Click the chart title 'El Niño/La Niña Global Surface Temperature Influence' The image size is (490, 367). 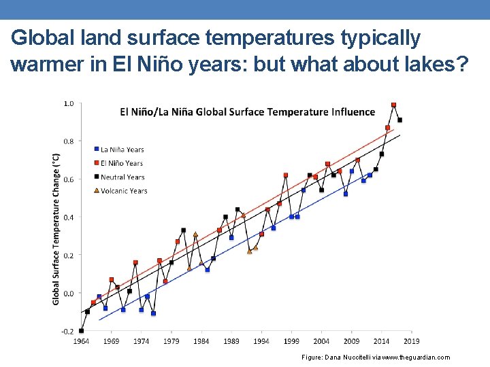click(248, 111)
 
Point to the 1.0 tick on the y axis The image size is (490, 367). click(69, 104)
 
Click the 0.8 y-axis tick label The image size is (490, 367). click(69, 141)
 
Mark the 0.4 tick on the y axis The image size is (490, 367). click(69, 217)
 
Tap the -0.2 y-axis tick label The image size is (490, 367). click(68, 331)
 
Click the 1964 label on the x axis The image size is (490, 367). click(82, 341)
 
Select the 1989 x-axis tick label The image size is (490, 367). click(231, 341)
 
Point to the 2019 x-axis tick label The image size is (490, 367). click(411, 341)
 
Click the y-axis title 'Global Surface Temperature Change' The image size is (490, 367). click(56, 228)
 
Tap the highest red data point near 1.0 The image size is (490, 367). click(393, 105)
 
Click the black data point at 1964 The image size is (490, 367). click(82, 330)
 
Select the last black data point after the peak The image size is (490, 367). click(399, 120)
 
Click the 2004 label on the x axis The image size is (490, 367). click(321, 341)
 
